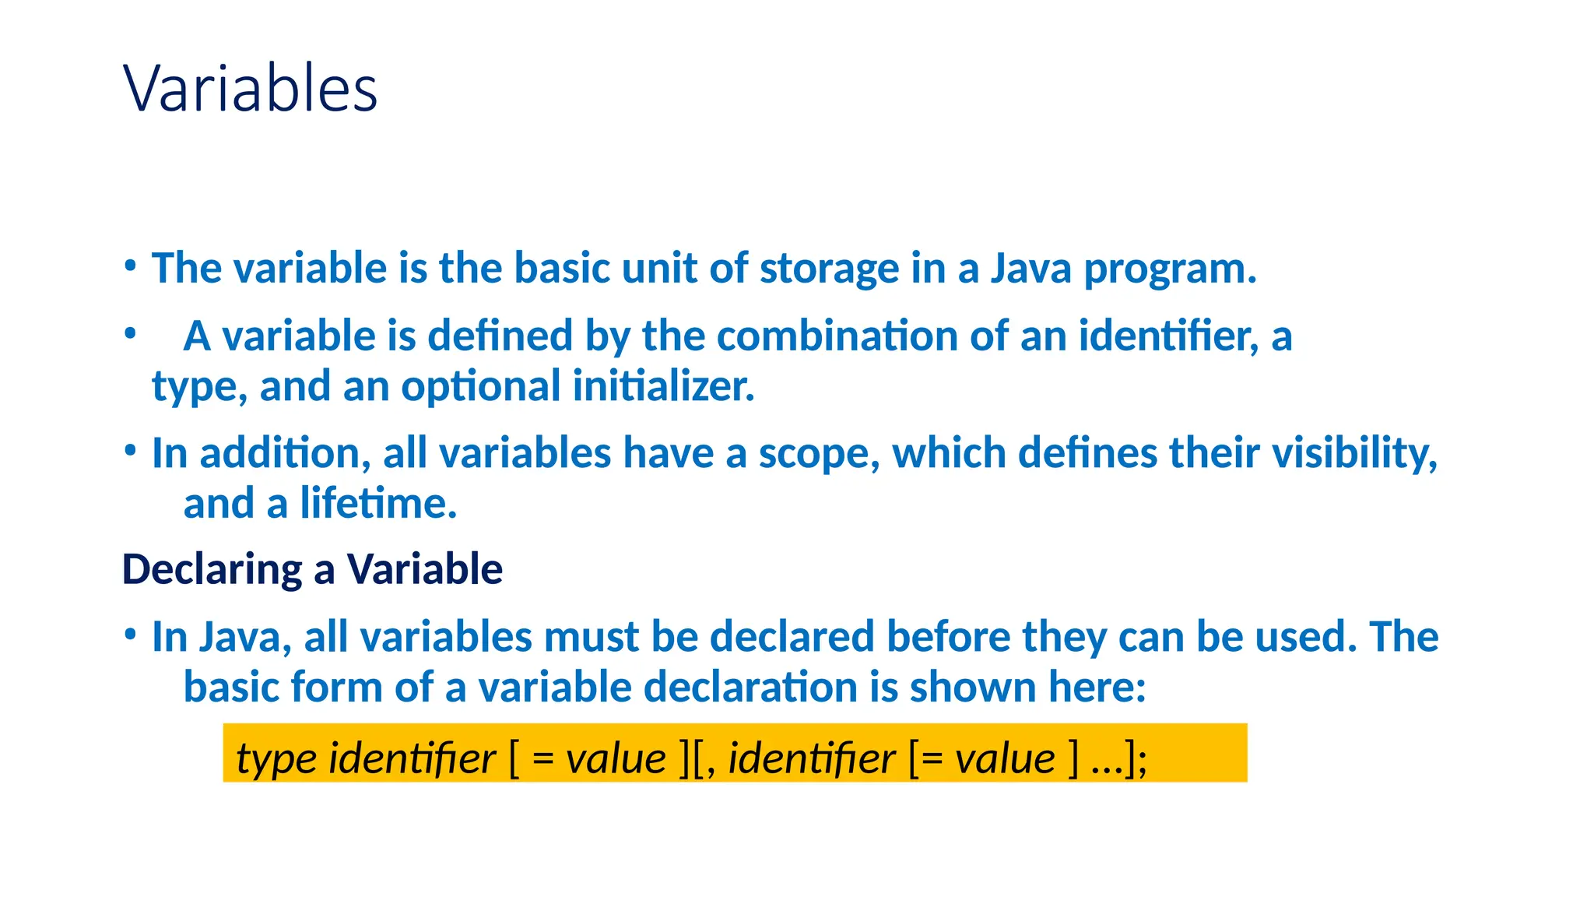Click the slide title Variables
click(x=250, y=88)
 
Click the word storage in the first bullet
click(x=829, y=269)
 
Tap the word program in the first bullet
click(x=1168, y=270)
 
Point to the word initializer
click(x=663, y=386)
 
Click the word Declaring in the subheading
click(x=212, y=569)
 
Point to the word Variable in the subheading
click(x=424, y=568)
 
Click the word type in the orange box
click(x=276, y=759)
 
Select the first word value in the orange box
click(x=616, y=758)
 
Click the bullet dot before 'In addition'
click(x=131, y=450)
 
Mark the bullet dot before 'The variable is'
click(x=131, y=266)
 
